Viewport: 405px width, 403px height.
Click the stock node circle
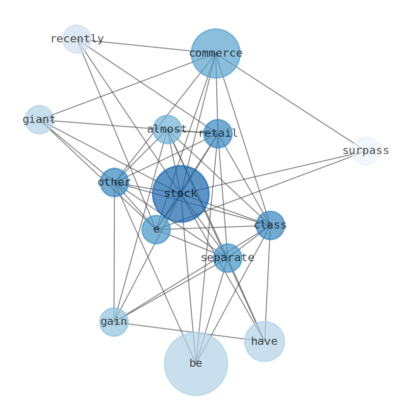coord(181,194)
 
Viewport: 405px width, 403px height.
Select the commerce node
coord(215,54)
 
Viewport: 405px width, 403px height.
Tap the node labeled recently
coord(77,39)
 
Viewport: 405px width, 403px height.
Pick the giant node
coord(39,120)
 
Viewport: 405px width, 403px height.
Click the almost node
coord(167,130)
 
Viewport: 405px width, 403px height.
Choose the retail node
coord(218,134)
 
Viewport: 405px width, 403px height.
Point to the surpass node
coord(366,151)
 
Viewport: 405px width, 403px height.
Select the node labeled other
coord(114,183)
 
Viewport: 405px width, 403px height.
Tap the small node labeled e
coord(156,230)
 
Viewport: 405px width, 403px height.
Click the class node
coord(270,225)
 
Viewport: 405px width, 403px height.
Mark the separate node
coord(227,258)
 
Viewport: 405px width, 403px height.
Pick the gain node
coord(114,322)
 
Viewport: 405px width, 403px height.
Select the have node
coord(264,342)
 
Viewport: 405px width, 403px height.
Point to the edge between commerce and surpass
coord(291,103)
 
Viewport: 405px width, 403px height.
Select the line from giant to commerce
coord(128,87)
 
